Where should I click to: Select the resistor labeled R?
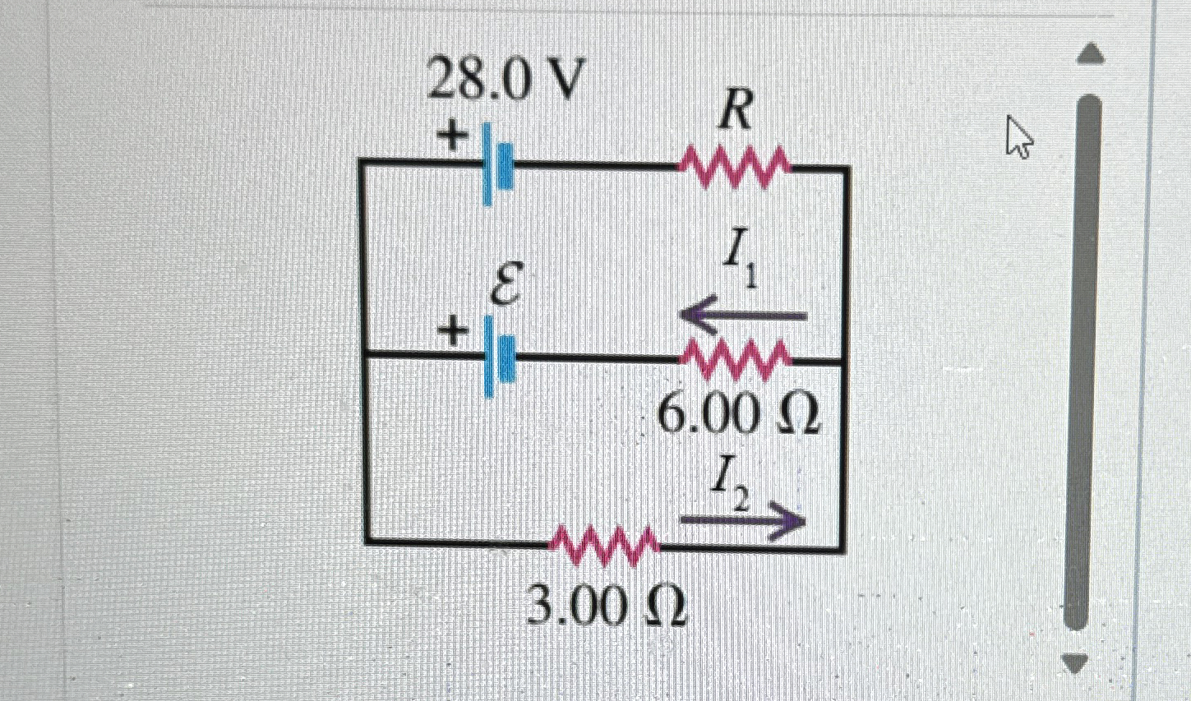(734, 167)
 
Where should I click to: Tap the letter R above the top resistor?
(735, 116)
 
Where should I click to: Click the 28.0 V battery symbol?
(498, 165)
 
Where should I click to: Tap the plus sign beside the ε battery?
(451, 332)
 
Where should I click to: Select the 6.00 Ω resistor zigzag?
(736, 358)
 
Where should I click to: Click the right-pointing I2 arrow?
(741, 521)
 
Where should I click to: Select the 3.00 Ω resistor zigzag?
(605, 545)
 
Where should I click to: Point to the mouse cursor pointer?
(1018, 136)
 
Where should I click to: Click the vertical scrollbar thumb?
(1087, 362)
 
